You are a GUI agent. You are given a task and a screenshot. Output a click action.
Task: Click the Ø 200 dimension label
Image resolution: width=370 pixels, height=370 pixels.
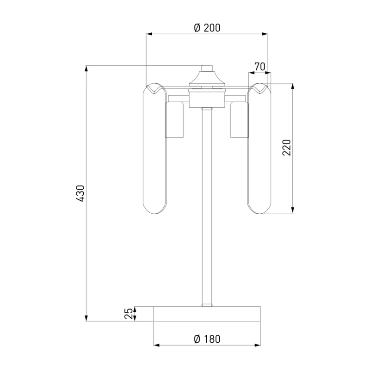(x=207, y=28)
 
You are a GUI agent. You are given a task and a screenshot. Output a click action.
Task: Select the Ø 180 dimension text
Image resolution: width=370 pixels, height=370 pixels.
(x=207, y=339)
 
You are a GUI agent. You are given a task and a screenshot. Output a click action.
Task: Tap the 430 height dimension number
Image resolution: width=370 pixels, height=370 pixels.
(x=80, y=193)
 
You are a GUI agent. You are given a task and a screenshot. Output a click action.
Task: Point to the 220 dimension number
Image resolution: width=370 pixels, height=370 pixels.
(x=287, y=148)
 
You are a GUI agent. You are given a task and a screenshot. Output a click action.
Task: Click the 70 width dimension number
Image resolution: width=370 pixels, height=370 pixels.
(x=260, y=67)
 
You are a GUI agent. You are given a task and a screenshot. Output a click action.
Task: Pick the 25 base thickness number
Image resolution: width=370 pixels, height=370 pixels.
(x=129, y=314)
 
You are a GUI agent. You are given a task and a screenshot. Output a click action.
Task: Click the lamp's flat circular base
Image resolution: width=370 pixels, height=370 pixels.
(x=207, y=314)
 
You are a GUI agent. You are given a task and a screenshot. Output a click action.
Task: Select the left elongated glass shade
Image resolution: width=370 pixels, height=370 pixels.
(x=154, y=148)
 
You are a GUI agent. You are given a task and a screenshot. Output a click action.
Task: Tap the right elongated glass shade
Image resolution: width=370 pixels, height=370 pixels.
(x=259, y=148)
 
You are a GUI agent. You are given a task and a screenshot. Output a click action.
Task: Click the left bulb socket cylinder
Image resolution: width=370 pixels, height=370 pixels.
(x=175, y=119)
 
